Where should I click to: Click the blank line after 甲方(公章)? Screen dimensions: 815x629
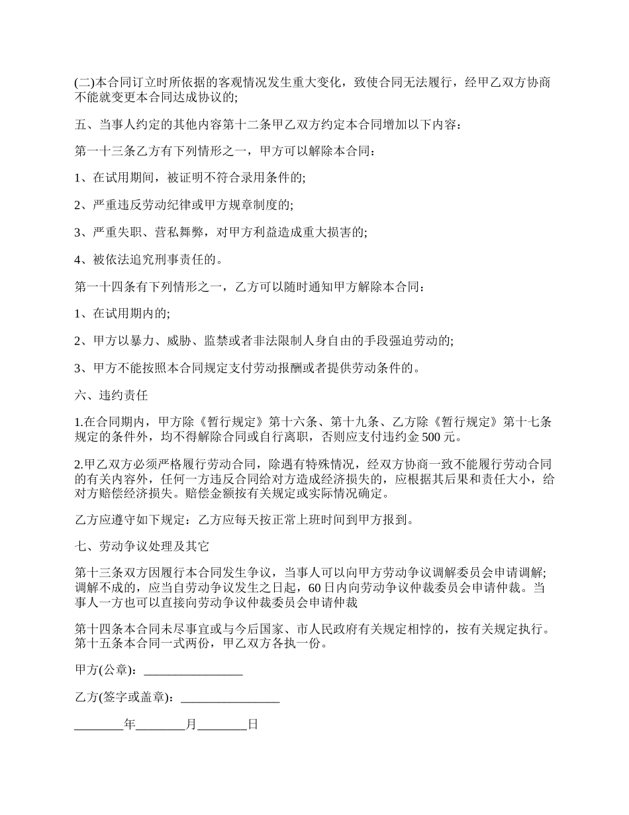(x=193, y=671)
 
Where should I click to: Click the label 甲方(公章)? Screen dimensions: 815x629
(x=106, y=671)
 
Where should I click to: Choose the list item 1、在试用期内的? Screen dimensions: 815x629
(x=122, y=313)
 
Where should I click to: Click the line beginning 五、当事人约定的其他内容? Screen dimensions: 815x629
(x=272, y=125)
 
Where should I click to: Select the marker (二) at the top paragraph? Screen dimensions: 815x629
(x=84, y=83)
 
